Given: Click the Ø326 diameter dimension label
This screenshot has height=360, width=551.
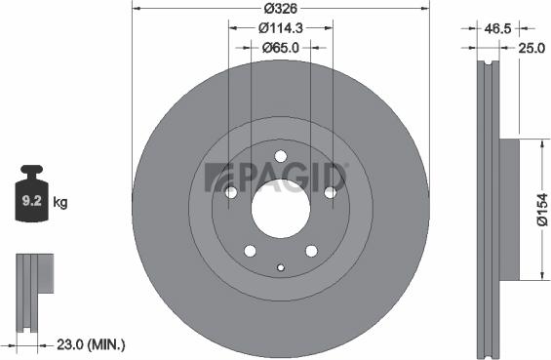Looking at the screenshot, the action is coord(281,9).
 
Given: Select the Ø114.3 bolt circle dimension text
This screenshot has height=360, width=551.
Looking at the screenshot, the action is coord(281,28).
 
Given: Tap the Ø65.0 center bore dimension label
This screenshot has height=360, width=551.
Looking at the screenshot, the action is coord(281,48).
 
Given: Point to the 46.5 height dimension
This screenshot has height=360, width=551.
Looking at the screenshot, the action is coord(497,28).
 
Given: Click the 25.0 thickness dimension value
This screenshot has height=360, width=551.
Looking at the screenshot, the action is coord(531,48).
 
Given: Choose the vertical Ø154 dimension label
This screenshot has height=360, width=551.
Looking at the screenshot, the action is coord(542,209).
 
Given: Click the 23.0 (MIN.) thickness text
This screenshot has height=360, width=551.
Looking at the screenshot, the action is coord(91,345).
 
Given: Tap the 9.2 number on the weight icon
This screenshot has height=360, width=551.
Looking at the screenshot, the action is coord(31,201).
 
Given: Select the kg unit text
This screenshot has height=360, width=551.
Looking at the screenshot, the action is coord(60,202).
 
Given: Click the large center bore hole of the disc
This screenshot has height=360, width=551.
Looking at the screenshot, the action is coord(281,209).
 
